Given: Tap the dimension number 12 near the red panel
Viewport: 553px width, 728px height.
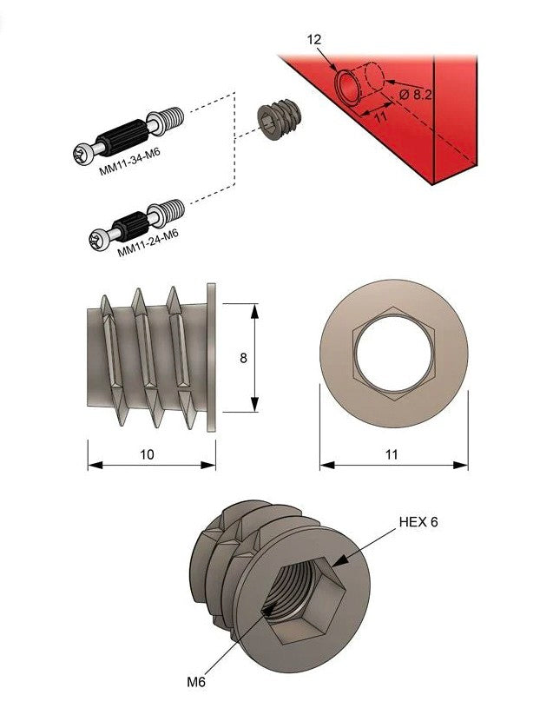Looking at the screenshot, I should tap(314, 40).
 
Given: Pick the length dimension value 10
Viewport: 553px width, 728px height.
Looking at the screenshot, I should tap(148, 454).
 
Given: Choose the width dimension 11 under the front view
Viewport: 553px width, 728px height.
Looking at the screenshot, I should tap(392, 454).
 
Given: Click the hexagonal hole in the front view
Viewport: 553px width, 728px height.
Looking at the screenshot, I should tap(392, 356).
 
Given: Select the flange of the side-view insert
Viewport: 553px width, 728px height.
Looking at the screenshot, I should tap(211, 356).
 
